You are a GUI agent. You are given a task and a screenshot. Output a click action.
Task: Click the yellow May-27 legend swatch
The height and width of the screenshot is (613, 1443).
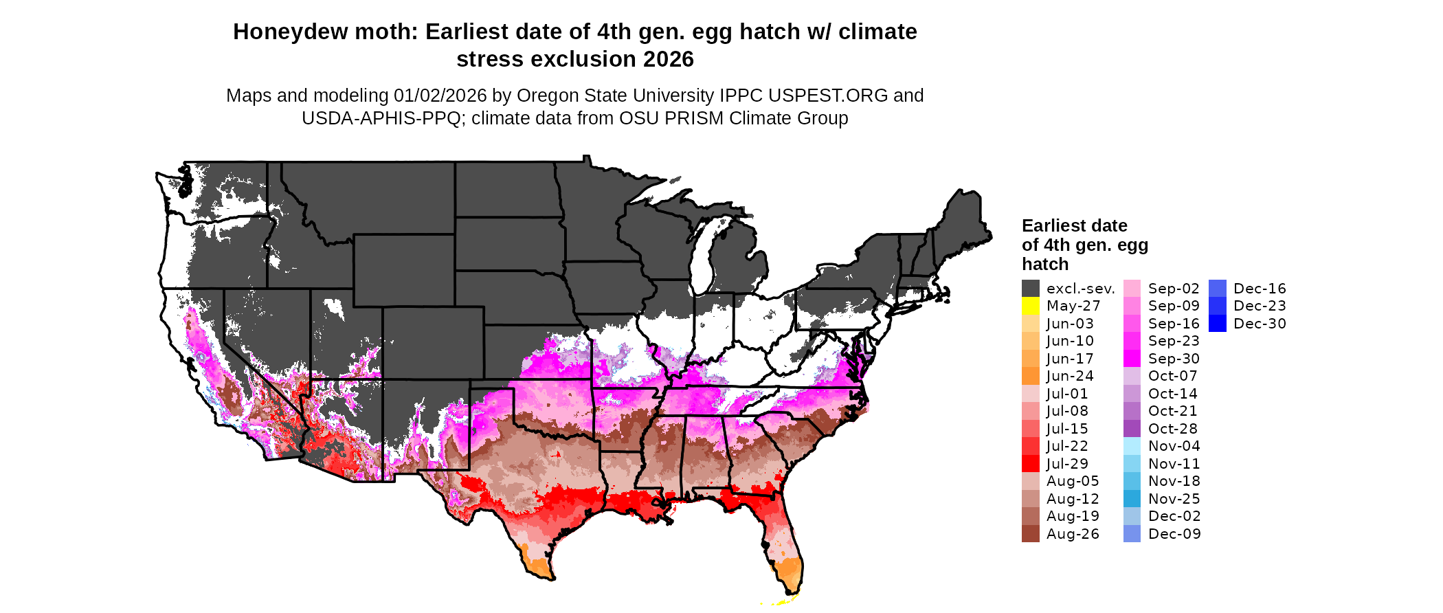point(1030,306)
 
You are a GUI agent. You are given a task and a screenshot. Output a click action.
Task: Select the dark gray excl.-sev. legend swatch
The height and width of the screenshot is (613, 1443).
point(1030,289)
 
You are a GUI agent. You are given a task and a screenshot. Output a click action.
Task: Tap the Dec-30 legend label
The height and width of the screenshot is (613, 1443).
point(1260,324)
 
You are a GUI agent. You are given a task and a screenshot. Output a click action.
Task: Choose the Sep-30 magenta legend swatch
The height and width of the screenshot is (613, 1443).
point(1132,359)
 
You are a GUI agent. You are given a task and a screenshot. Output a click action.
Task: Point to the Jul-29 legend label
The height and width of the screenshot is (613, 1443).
point(1067,464)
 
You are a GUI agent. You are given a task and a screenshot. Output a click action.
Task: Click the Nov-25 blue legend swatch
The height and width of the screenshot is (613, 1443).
point(1132,499)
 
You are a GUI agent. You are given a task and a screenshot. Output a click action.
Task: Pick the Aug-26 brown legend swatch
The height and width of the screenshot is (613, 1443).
point(1030,534)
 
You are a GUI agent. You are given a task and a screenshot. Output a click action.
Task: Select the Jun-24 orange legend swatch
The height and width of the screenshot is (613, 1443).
point(1030,376)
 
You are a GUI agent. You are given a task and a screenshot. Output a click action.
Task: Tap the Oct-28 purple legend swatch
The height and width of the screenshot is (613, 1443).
point(1132,429)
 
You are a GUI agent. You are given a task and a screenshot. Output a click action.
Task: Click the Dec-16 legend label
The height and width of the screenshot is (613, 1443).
point(1260,289)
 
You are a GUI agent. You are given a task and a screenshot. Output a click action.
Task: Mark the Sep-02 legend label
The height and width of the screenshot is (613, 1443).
point(1174,289)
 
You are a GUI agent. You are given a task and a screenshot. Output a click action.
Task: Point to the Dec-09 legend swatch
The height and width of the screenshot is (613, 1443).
point(1132,534)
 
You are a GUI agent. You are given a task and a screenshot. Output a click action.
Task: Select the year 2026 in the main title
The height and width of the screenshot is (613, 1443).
point(669,60)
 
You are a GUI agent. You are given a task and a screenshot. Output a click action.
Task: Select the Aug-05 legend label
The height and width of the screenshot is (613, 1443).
point(1073,481)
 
